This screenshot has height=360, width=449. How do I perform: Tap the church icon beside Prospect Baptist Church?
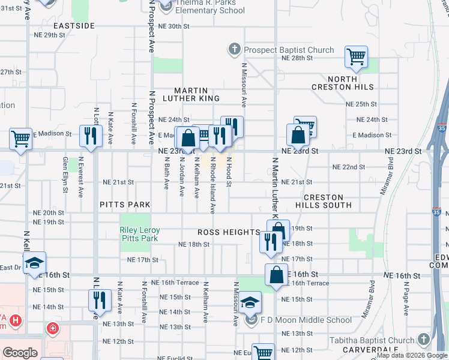234,50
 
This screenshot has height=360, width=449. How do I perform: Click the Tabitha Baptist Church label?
372,341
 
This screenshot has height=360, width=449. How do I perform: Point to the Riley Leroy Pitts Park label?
139,235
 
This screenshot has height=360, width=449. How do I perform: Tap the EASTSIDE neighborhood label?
74,26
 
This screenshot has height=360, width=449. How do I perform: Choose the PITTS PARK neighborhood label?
125,205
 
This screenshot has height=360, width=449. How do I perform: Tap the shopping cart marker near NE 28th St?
356,58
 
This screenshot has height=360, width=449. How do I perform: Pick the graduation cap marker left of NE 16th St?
34,263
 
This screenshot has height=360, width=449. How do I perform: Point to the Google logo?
20,353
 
